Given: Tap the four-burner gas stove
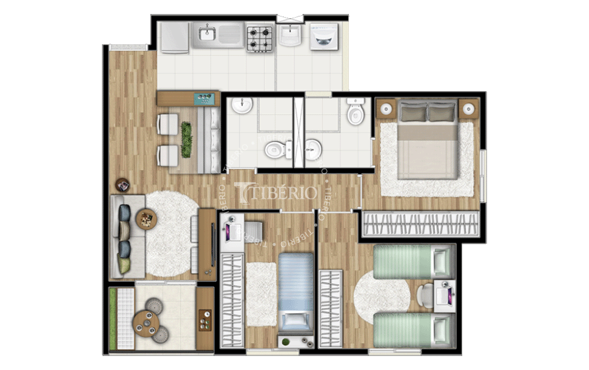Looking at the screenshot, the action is (260, 38).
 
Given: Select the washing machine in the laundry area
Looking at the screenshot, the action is (324, 36).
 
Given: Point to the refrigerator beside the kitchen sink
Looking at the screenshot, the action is (175, 37).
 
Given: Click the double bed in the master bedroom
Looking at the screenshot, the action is (428, 139).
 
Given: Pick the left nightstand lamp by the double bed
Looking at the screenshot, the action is (386, 109).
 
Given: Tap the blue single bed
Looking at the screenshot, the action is (295, 293).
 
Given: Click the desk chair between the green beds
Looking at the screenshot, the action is (425, 295).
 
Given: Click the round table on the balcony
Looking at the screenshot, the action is (146, 323).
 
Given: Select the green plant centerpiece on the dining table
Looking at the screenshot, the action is (186, 139).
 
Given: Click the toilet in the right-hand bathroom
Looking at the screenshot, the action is (355, 111).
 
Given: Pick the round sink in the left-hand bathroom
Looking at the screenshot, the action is (242, 105).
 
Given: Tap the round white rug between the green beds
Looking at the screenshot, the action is (382, 296).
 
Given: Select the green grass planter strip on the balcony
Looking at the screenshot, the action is (113, 318).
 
